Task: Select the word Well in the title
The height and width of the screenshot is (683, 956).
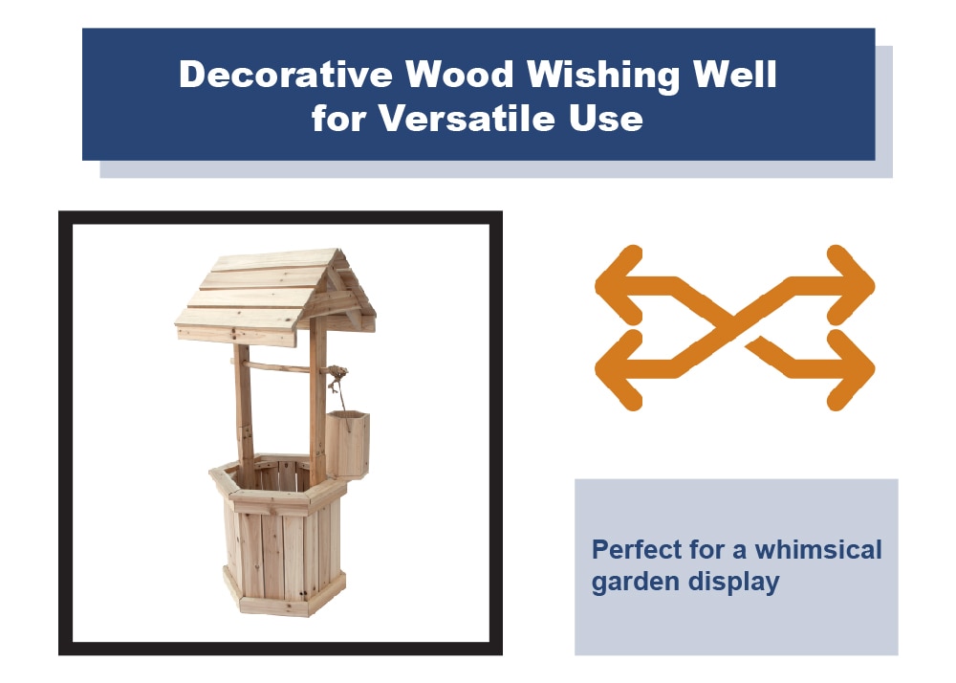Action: (x=738, y=75)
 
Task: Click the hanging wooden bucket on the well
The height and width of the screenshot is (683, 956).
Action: (x=347, y=444)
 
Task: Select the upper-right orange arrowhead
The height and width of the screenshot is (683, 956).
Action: (x=852, y=283)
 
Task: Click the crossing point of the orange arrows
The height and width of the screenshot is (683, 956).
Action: (x=734, y=326)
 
